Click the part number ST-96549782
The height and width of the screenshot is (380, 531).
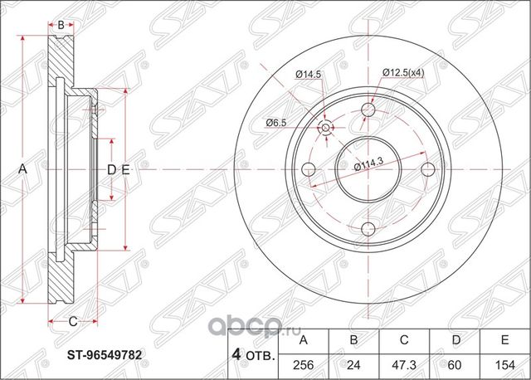[x=105, y=354]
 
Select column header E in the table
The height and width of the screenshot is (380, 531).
[x=499, y=340]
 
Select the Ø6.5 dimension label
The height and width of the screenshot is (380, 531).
[x=276, y=123]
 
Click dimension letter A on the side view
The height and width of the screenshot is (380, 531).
[x=23, y=169]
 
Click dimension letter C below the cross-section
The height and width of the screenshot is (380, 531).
[x=73, y=321]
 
